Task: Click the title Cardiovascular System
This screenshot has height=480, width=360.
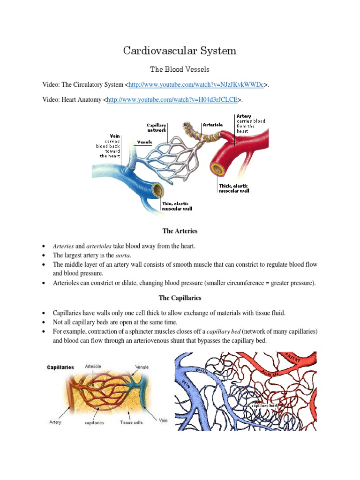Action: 180,51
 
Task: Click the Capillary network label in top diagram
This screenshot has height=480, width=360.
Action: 157,128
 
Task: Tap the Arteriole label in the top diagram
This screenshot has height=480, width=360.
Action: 213,125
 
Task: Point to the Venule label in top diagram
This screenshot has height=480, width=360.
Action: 144,142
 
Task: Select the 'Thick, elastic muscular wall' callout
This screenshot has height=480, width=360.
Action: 234,188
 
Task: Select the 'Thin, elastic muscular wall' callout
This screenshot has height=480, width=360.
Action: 177,206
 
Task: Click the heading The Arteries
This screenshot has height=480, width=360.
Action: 180,231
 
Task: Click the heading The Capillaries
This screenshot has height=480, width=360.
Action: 180,298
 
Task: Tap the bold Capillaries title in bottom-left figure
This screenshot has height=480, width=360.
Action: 60,367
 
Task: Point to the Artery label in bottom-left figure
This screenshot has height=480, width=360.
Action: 55,422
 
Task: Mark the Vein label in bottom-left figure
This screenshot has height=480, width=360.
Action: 163,420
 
